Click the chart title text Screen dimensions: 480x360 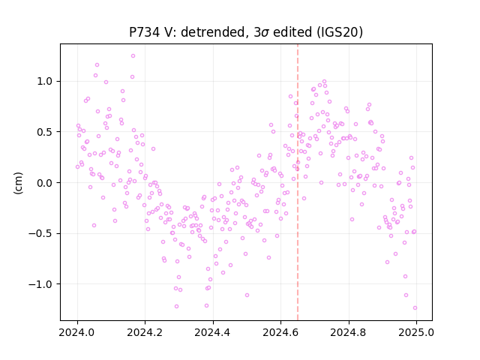click(246, 32)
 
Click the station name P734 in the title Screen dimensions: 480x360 click(144, 32)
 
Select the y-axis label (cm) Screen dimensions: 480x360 click(18, 183)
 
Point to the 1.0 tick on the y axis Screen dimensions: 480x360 click(46, 82)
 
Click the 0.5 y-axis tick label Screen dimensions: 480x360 click(46, 132)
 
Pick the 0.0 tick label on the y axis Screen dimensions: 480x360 click(46, 183)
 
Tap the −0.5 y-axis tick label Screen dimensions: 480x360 click(42, 233)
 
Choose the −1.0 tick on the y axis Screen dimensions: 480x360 click(42, 284)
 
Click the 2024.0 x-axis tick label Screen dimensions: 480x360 click(77, 332)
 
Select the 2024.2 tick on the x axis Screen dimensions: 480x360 click(145, 332)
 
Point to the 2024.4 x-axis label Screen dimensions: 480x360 click(213, 332)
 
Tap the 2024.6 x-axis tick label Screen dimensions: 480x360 click(280, 332)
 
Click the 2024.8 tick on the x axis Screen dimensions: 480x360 click(348, 332)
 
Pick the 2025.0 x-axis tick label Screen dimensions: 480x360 click(416, 332)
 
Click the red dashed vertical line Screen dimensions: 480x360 click(298, 182)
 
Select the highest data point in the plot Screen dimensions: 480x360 click(133, 55)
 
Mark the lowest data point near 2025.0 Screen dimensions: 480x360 click(415, 307)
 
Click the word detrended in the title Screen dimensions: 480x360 click(214, 32)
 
